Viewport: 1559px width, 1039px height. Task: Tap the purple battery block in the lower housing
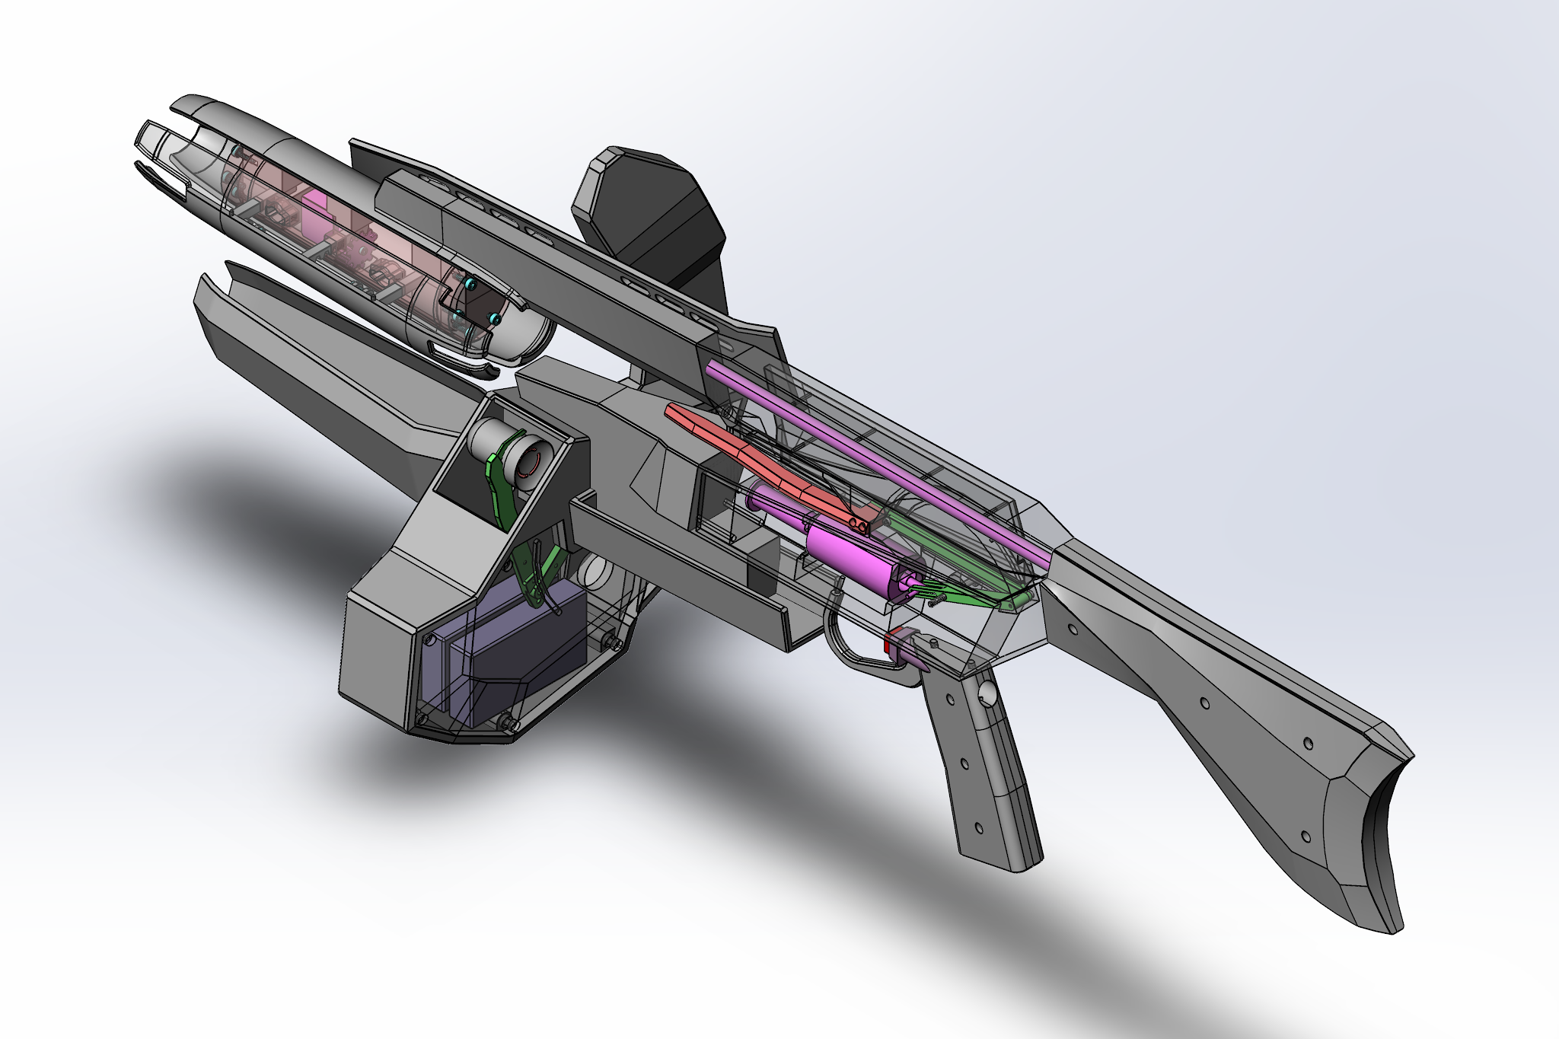tap(518, 647)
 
